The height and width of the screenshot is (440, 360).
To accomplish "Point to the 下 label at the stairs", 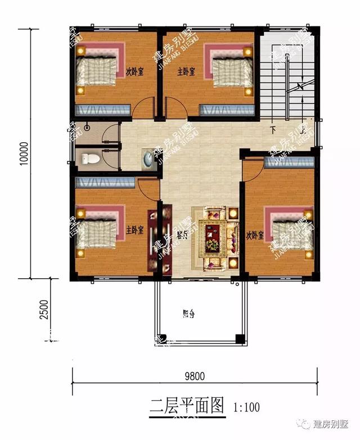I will [x=273, y=129].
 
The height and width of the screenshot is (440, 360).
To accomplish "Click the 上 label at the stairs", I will [x=303, y=129].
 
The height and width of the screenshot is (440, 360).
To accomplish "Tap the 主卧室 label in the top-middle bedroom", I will [x=186, y=72].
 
